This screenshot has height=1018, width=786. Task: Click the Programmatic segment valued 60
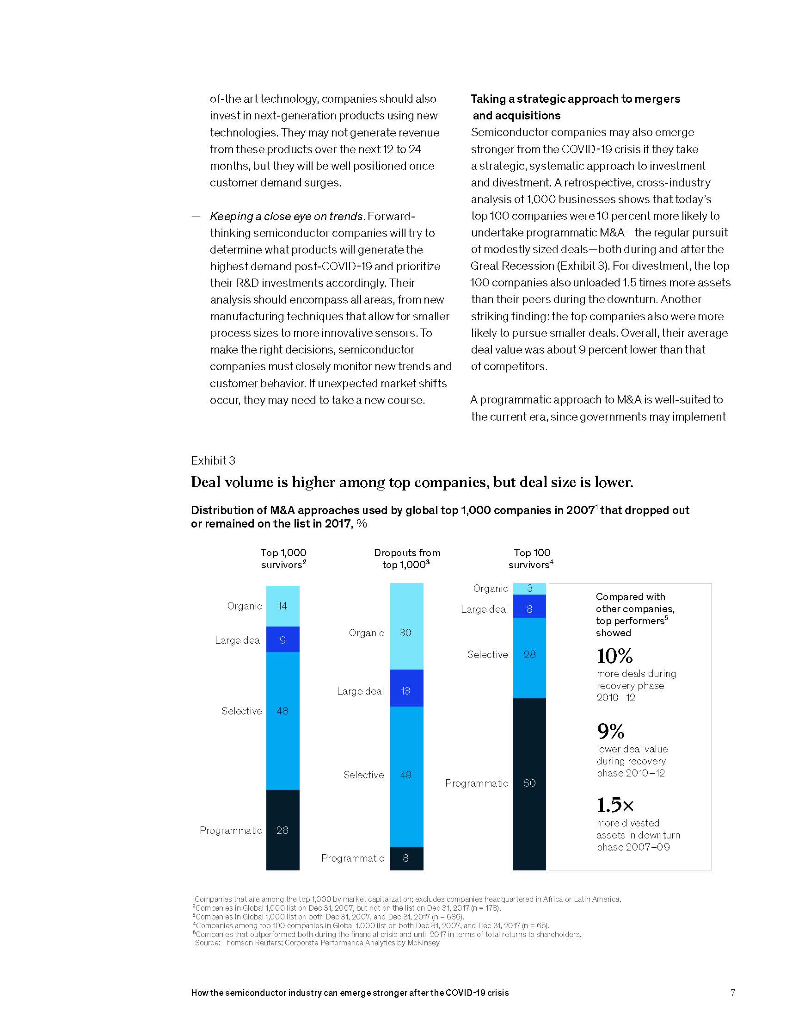click(x=529, y=783)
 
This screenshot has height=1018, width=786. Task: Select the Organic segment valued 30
click(x=406, y=627)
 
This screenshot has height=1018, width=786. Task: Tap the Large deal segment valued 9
click(x=282, y=640)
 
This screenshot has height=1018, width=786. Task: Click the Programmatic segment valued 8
click(x=406, y=858)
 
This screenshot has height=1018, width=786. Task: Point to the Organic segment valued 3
click(x=529, y=589)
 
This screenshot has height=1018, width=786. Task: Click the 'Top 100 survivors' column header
click(x=531, y=559)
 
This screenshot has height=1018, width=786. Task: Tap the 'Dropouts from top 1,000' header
click(x=406, y=559)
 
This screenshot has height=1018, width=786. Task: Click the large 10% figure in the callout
click(x=614, y=656)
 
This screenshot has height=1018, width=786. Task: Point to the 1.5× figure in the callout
click(x=615, y=805)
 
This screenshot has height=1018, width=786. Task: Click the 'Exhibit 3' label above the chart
click(x=213, y=460)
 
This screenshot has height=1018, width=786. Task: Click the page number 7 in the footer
click(x=732, y=993)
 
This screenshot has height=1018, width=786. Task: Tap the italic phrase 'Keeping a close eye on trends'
click(x=286, y=216)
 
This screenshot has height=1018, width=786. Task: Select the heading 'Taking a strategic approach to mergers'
click(x=575, y=99)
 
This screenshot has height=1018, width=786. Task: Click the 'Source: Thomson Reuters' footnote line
click(x=317, y=943)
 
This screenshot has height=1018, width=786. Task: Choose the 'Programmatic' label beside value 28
click(x=231, y=830)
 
